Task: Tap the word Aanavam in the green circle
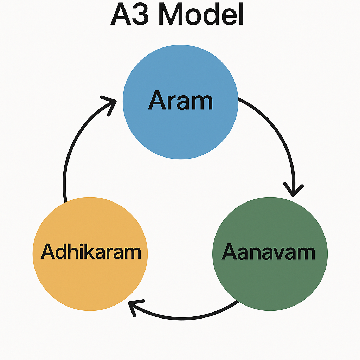pyautogui.click(x=269, y=252)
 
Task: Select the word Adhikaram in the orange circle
pyautogui.click(x=91, y=252)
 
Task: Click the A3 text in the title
pyautogui.click(x=130, y=14)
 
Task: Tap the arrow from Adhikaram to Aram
pyautogui.click(x=70, y=148)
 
